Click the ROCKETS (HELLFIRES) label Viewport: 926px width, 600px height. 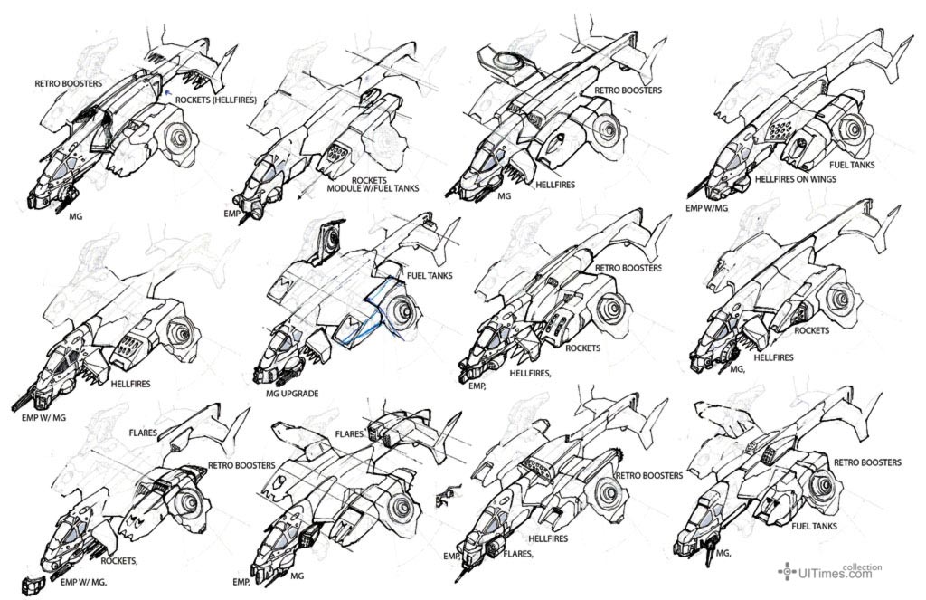[215, 100]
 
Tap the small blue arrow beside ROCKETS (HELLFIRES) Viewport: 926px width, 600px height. [167, 91]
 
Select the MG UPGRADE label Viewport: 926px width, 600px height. [292, 394]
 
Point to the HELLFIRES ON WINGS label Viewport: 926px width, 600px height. [796, 179]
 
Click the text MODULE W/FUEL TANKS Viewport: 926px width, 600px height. [373, 188]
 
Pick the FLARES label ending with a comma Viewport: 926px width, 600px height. [518, 555]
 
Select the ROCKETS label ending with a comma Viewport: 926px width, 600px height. [119, 561]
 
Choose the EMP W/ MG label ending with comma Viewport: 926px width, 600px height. [83, 582]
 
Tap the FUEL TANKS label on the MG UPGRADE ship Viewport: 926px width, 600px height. [430, 275]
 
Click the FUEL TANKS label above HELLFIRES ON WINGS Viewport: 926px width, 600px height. [852, 165]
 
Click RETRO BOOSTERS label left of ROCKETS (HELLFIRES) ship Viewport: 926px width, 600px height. [69, 83]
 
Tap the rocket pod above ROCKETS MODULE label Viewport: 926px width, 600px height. [336, 154]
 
